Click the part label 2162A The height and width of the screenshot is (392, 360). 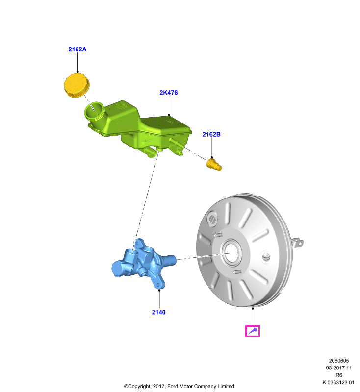(x=77, y=49)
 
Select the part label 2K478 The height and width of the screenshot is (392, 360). (x=169, y=93)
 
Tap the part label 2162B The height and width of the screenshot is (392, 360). (x=211, y=134)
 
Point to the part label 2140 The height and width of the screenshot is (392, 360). (x=158, y=312)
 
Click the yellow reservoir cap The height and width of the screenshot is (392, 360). (x=77, y=85)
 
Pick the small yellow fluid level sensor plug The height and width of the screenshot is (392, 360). (x=214, y=165)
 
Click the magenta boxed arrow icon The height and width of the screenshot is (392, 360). (x=253, y=331)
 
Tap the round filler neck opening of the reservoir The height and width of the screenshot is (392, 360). (x=94, y=111)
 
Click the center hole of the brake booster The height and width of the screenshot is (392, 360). (x=231, y=252)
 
